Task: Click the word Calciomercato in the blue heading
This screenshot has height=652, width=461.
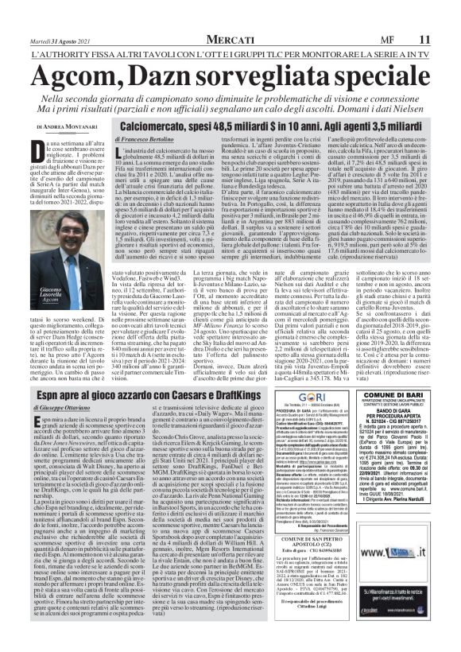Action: point(165,125)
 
